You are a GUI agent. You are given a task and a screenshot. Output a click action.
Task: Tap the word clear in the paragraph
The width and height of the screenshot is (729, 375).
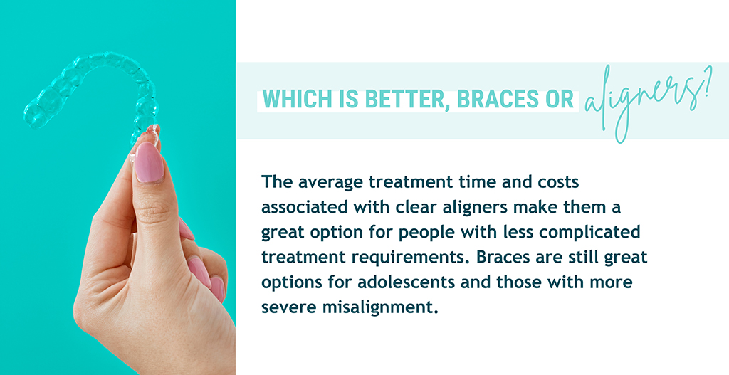[410, 207]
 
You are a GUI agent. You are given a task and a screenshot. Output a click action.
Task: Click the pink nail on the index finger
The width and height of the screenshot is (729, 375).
[149, 162]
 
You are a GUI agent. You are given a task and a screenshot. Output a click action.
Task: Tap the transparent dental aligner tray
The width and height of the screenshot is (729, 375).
[93, 93]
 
